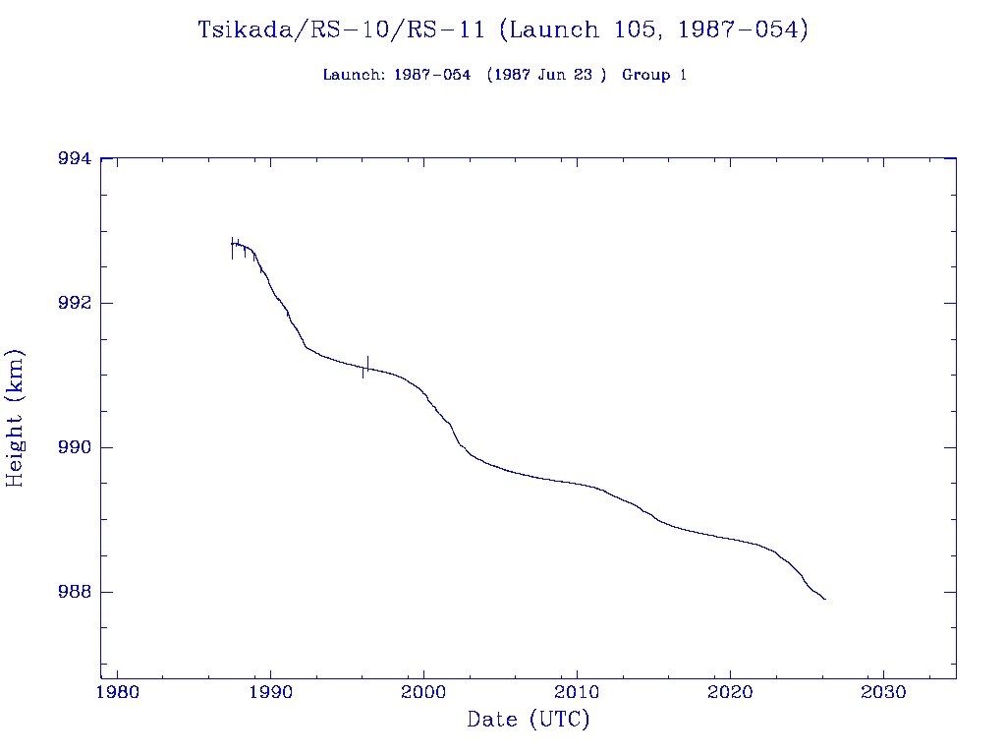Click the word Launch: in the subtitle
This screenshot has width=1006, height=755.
pyautogui.click(x=354, y=76)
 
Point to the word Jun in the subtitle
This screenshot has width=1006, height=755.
pyautogui.click(x=550, y=76)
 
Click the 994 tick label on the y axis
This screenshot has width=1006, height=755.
pyautogui.click(x=75, y=158)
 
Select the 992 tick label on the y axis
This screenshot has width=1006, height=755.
pyautogui.click(x=75, y=303)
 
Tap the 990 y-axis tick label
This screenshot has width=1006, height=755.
pyautogui.click(x=75, y=447)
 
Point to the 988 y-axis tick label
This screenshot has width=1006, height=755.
pyautogui.click(x=75, y=592)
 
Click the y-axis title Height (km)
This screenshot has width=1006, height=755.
pyautogui.click(x=16, y=418)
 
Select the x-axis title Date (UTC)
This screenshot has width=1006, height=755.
pyautogui.click(x=529, y=720)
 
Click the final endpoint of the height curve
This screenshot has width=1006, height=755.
pyautogui.click(x=825, y=599)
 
